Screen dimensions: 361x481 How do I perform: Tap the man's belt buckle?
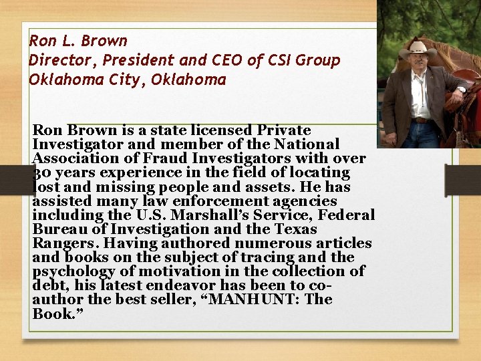point(420,120)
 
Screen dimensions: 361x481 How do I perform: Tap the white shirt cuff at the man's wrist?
point(461,90)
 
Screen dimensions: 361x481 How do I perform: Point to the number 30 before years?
point(39,172)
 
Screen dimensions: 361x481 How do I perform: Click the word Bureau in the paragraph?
point(57,229)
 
